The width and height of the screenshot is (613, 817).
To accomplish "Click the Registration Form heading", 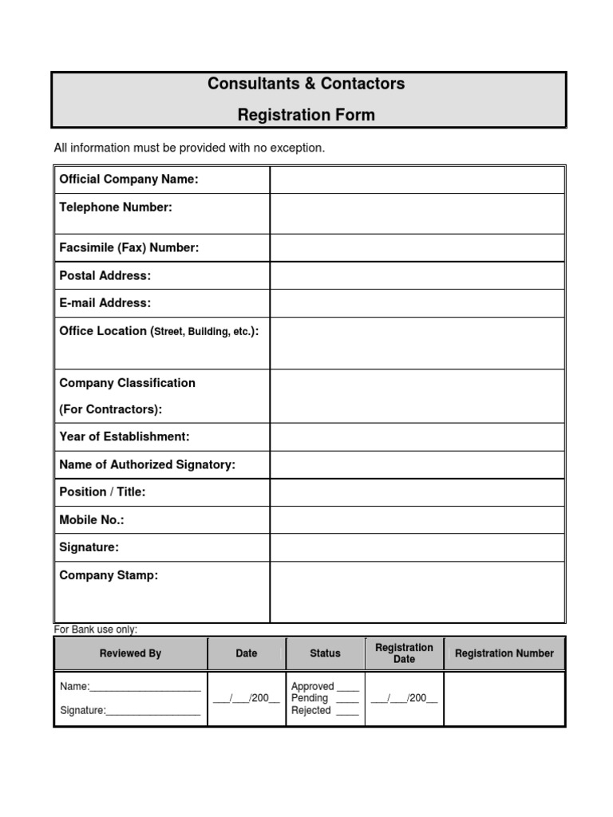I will tap(306, 115).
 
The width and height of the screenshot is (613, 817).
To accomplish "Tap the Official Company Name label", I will tap(129, 180).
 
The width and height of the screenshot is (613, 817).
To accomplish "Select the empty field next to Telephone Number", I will tap(417, 214).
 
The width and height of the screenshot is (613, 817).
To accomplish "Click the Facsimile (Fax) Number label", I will tap(129, 248).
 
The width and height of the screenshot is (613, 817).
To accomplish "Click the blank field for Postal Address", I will tap(417, 276).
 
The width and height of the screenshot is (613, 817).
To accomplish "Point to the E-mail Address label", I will tap(105, 303).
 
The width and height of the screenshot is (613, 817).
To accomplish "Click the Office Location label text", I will tap(159, 331).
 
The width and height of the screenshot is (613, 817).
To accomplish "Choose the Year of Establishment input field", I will tap(417, 437).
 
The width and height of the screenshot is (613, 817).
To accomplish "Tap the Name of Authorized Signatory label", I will tap(147, 465).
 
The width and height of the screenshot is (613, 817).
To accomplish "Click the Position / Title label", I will tap(102, 492).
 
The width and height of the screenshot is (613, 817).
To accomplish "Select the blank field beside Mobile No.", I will tap(417, 520).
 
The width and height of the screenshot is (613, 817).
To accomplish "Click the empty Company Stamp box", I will tap(417, 592).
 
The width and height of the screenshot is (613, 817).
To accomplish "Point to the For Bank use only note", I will tap(95, 630).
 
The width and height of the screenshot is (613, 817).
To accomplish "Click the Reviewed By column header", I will tap(130, 653).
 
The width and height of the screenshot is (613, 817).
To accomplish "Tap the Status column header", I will tap(325, 653).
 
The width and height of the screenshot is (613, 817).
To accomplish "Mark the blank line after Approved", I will tap(347, 687).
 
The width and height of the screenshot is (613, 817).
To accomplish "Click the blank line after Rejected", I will tap(347, 712).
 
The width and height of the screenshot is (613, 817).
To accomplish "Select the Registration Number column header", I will tap(504, 653).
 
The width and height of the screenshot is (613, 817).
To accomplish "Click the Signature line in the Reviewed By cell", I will tap(152, 712).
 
